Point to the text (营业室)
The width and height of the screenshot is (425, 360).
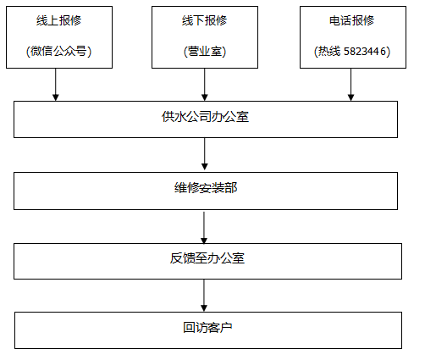205,52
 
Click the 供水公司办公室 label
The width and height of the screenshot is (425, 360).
205,117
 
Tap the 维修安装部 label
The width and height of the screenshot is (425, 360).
205,187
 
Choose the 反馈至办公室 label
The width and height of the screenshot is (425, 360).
205,258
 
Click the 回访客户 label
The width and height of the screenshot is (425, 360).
205,328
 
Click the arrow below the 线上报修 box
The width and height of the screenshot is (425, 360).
57,84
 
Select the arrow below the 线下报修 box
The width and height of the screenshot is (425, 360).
205,84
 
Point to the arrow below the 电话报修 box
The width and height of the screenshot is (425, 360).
351,84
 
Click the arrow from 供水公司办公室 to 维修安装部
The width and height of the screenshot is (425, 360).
205,154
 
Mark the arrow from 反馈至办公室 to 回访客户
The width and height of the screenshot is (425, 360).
205,295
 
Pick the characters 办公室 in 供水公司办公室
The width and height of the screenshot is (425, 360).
229,117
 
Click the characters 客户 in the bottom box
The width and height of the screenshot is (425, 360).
217,328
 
